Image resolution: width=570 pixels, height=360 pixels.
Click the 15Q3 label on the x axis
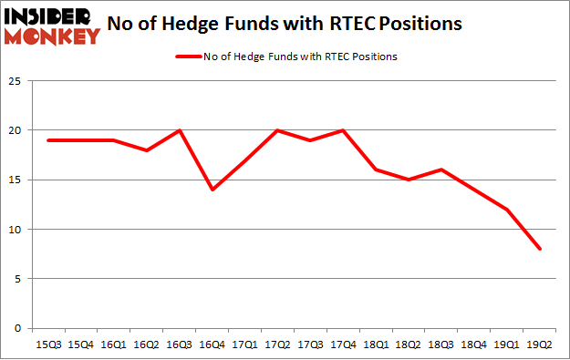click(x=47, y=345)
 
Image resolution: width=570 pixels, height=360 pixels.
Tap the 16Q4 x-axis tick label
click(x=212, y=345)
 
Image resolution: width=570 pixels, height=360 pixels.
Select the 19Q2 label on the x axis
click(x=540, y=345)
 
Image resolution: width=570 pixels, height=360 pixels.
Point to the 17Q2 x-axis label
click(x=277, y=345)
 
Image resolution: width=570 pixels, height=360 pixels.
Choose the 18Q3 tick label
click(x=441, y=345)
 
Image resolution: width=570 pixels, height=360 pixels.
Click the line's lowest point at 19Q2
click(x=540, y=248)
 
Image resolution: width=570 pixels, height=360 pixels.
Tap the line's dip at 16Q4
click(x=212, y=189)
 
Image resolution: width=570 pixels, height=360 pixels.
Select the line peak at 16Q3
click(x=179, y=129)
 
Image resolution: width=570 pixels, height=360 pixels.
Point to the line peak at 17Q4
click(x=343, y=129)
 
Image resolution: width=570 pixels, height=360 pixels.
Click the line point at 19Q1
click(x=507, y=209)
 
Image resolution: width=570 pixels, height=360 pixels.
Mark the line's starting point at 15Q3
click(x=47, y=139)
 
